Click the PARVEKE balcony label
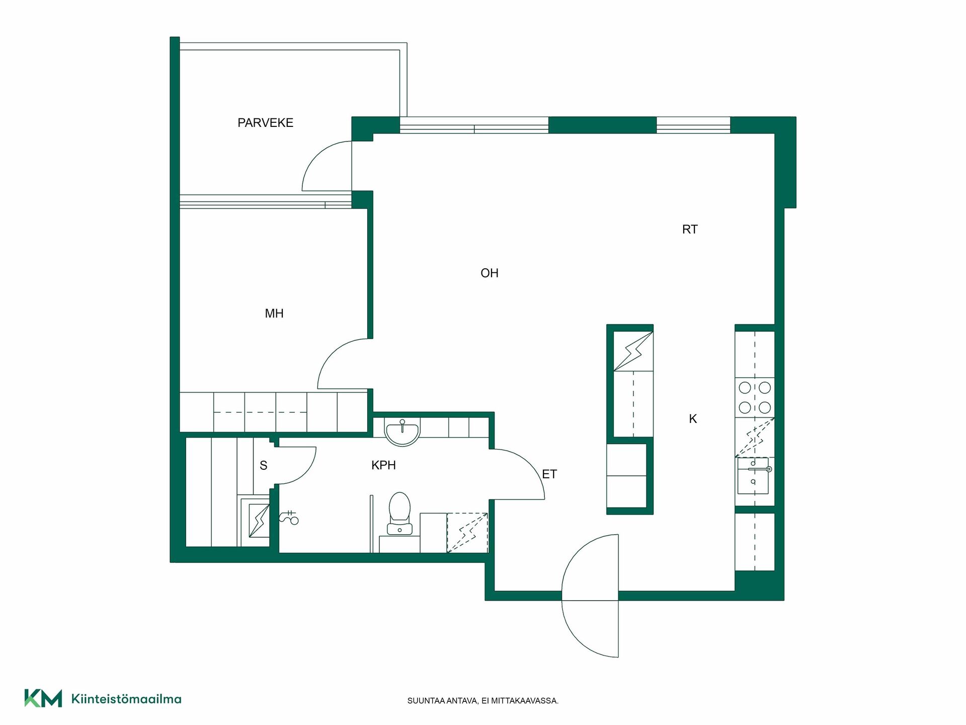coord(265,123)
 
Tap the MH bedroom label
coord(274,314)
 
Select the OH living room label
coord(490,273)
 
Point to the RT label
coord(690,230)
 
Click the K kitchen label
coord(693,419)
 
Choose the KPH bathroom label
coord(383,465)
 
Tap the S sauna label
coord(263,466)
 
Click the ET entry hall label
coord(549,474)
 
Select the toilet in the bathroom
coord(399,514)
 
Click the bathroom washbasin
coord(402,432)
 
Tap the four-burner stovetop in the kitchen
coord(755,397)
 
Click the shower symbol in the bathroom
coord(289,518)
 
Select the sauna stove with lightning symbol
coord(259,521)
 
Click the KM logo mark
coord(43,698)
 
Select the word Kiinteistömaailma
coord(126,699)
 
